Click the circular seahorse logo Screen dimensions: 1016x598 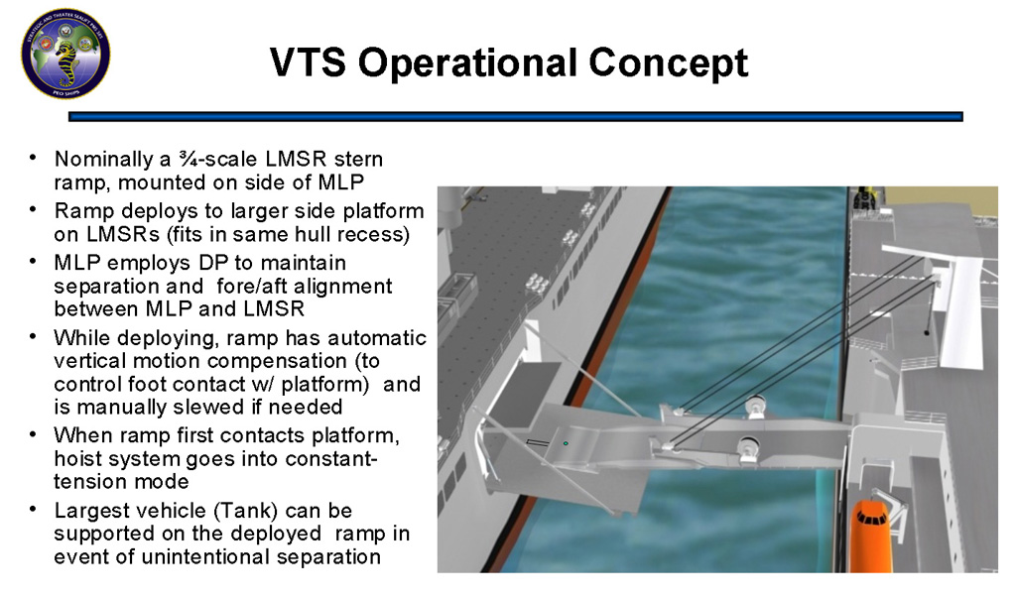click(65, 54)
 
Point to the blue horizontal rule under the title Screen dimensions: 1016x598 click(516, 117)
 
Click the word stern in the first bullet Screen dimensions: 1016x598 click(358, 159)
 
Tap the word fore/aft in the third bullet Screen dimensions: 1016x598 click(254, 286)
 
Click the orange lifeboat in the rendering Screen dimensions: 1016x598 click(871, 536)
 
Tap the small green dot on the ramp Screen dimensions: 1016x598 click(566, 443)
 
